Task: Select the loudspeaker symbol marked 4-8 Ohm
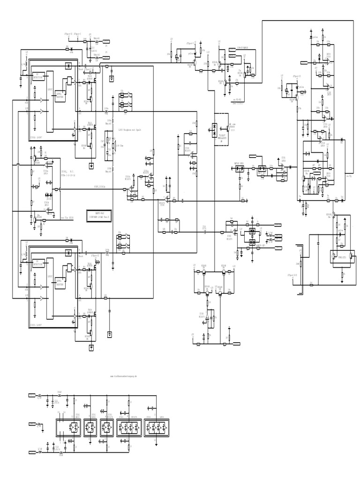(x=112, y=145)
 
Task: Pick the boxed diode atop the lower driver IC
(x=68, y=253)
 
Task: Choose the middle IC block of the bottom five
(x=107, y=427)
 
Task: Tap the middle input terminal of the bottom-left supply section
(x=33, y=424)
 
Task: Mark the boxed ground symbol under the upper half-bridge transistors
(x=91, y=165)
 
